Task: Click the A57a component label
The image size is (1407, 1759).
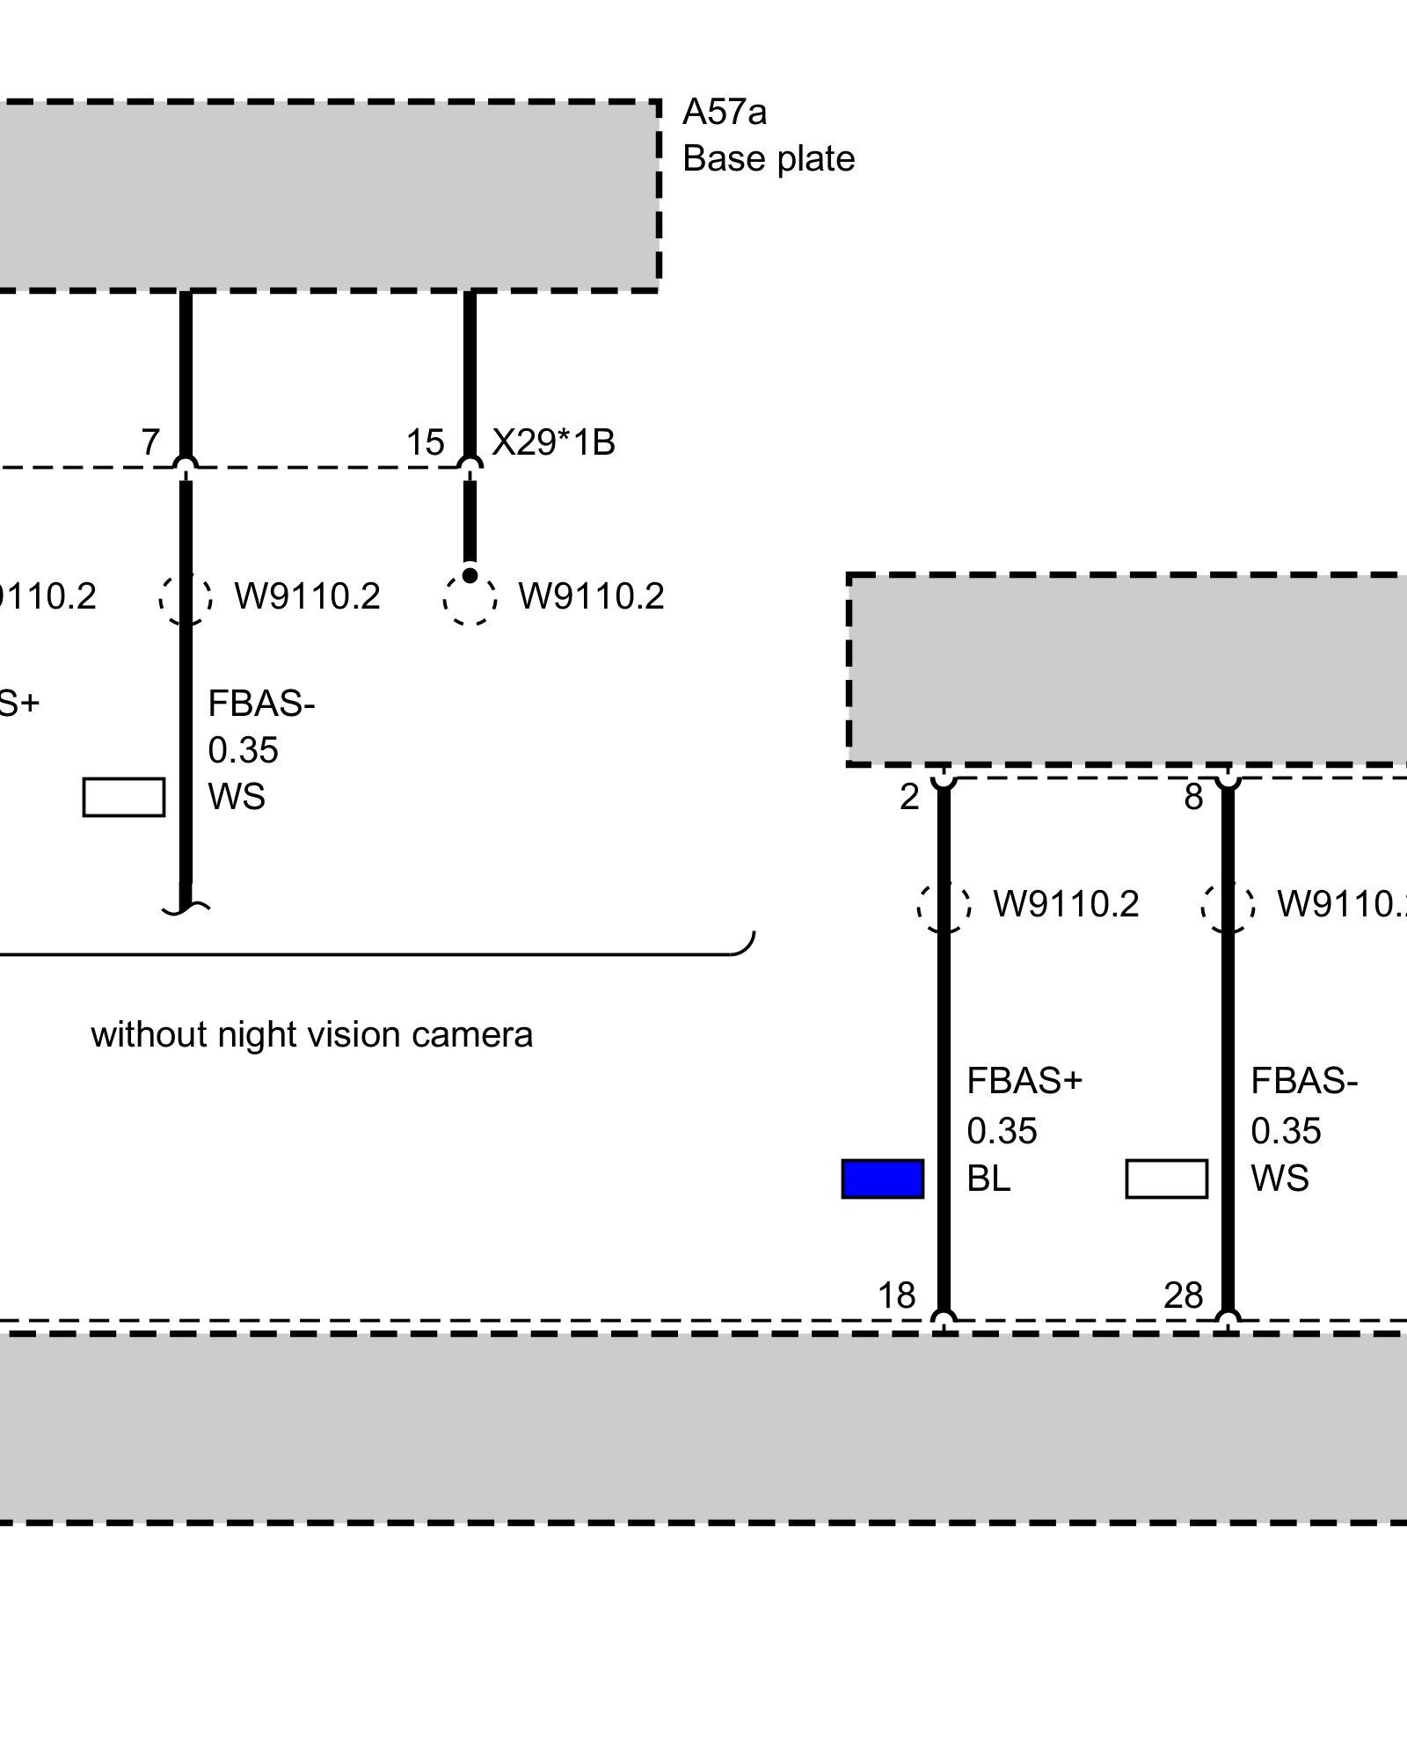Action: [725, 113]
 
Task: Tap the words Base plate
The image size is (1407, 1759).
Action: [769, 159]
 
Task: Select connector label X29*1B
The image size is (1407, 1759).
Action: [553, 442]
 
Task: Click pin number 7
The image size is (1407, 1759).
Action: [150, 442]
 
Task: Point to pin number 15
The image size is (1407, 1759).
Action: [425, 442]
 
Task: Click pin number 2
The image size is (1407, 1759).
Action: [909, 798]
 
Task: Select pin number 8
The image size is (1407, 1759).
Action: [1193, 798]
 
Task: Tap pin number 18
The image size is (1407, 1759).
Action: [897, 1296]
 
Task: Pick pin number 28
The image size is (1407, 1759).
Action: [1183, 1296]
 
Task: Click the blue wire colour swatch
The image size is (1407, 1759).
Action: [883, 1179]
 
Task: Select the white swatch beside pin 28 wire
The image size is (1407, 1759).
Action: [1166, 1179]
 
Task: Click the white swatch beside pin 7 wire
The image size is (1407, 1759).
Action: [124, 797]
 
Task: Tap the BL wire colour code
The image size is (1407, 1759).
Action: [988, 1179]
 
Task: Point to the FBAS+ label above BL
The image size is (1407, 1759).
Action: [1024, 1082]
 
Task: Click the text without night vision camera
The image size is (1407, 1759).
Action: [311, 1035]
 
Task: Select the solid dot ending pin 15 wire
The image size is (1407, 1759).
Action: [470, 575]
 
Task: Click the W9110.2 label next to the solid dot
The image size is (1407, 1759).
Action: [591, 596]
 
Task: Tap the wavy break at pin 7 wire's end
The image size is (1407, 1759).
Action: [186, 909]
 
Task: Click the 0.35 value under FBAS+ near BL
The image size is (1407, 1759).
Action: [1002, 1131]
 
